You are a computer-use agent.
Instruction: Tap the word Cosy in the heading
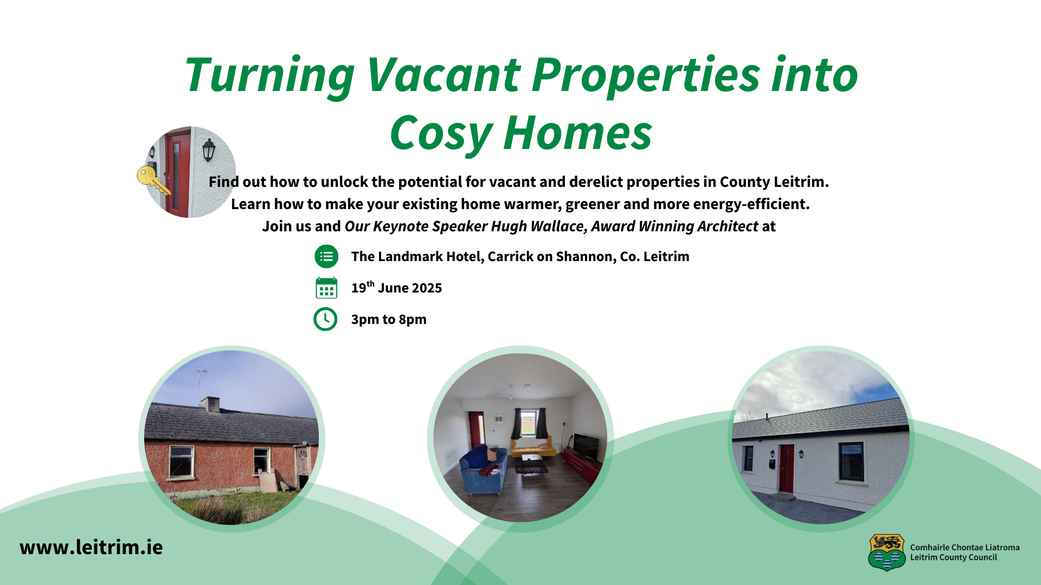440,133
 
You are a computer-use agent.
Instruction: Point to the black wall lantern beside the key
209,150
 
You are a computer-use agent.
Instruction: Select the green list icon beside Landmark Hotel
326,256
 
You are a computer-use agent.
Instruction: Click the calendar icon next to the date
326,288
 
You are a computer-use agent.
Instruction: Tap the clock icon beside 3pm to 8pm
325,319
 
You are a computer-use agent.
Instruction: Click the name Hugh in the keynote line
509,226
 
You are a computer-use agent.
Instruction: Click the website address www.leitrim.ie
91,547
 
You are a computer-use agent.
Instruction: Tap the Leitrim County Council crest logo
886,552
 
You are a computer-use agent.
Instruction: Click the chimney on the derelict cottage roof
210,404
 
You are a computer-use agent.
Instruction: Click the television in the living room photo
586,446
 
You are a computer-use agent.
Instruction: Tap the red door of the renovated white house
787,469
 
